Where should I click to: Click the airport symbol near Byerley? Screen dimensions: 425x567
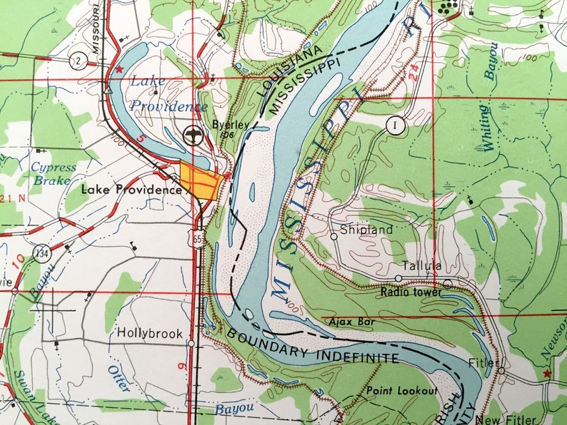[x=191, y=133]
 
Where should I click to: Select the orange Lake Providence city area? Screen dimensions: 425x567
[x=199, y=179]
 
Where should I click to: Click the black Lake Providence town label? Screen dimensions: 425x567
[x=131, y=190]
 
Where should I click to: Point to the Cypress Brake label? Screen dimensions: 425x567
[x=52, y=174]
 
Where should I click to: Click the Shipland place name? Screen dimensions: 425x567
[x=366, y=230]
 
